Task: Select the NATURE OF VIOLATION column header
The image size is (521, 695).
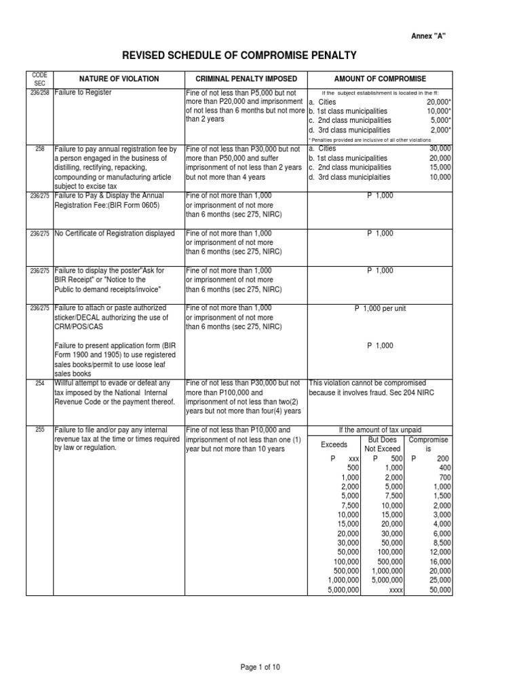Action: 119,79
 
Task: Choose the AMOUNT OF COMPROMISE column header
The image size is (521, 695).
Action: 380,79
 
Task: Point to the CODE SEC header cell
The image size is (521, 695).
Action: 39,79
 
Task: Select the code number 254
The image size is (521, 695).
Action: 39,383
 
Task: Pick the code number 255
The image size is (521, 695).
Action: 39,429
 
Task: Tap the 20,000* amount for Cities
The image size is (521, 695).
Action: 438,101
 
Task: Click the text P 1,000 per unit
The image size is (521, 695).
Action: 380,309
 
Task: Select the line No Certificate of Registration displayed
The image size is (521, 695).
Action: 115,233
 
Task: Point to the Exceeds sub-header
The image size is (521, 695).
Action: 334,445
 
